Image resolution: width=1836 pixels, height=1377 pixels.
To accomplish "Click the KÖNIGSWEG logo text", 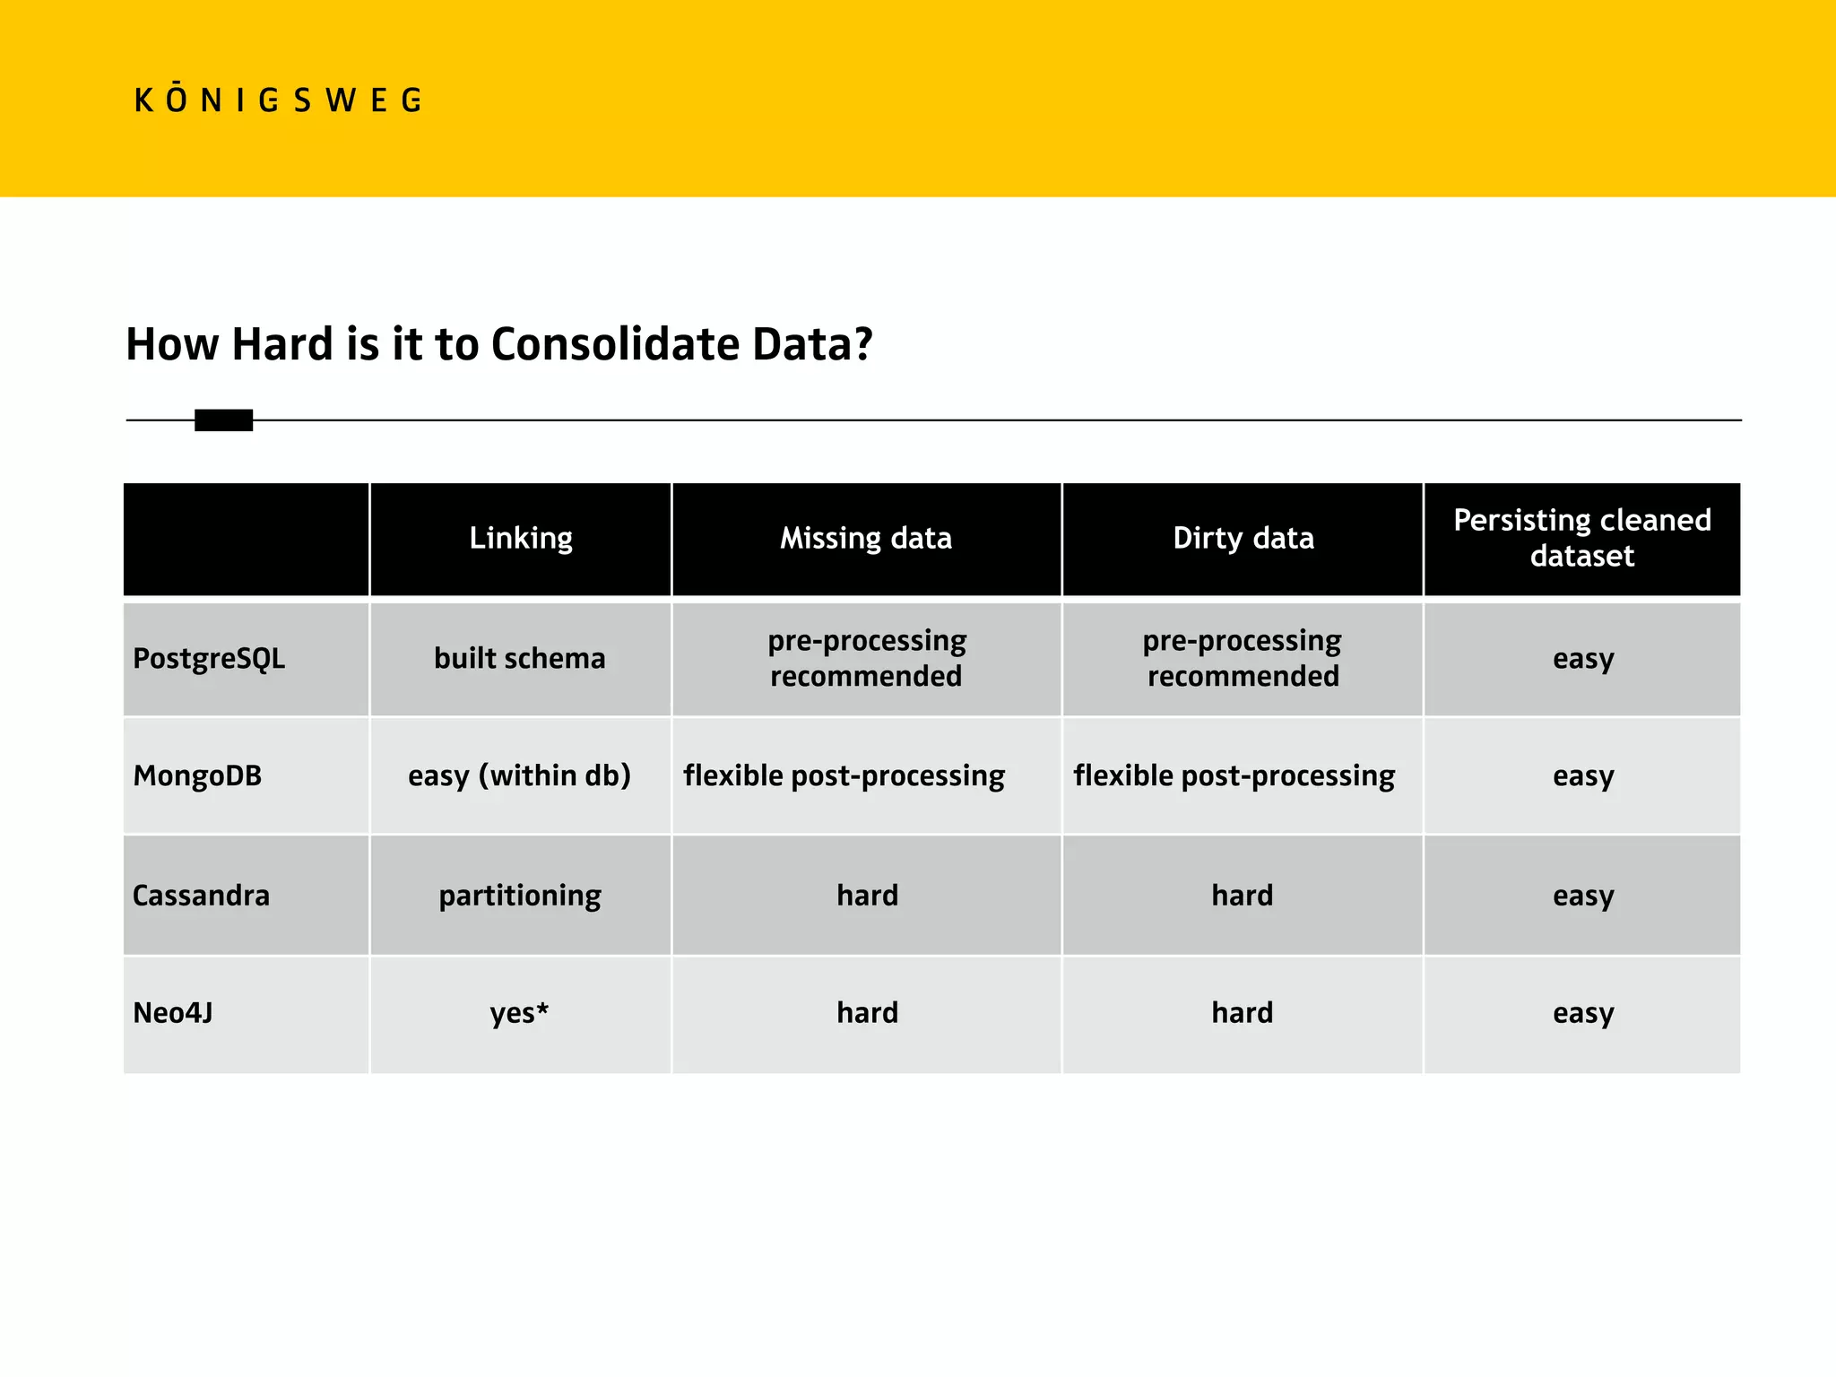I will point(278,100).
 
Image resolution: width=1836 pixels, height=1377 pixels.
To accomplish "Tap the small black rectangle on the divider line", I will point(223,420).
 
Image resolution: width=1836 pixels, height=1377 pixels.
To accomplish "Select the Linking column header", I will point(521,538).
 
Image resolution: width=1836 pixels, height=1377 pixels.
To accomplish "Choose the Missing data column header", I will point(866,538).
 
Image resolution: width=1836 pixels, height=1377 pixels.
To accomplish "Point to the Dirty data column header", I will point(1243,538).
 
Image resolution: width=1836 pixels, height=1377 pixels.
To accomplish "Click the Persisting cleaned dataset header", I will point(1581,538).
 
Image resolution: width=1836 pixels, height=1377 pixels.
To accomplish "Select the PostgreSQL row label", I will point(209,659).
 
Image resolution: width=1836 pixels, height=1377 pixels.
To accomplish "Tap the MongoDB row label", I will point(197,775).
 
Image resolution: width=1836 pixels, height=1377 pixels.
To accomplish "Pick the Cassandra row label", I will point(201,896).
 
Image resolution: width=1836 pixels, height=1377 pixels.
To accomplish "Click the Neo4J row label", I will point(173,1013).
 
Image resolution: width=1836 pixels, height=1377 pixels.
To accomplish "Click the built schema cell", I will point(520,659).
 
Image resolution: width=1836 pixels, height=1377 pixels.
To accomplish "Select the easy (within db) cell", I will point(520,775).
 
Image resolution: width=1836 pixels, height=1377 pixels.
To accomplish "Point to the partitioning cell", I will point(520,896).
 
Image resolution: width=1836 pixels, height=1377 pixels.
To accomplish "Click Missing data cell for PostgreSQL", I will point(866,659).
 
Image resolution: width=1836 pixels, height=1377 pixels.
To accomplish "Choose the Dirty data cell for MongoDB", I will point(1234,775).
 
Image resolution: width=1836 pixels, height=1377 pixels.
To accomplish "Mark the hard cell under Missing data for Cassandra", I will point(867,896).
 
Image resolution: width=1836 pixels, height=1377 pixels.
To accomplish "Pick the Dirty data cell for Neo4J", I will point(1242,1013).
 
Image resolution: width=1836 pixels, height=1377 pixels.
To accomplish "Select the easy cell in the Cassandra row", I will point(1582,896).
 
